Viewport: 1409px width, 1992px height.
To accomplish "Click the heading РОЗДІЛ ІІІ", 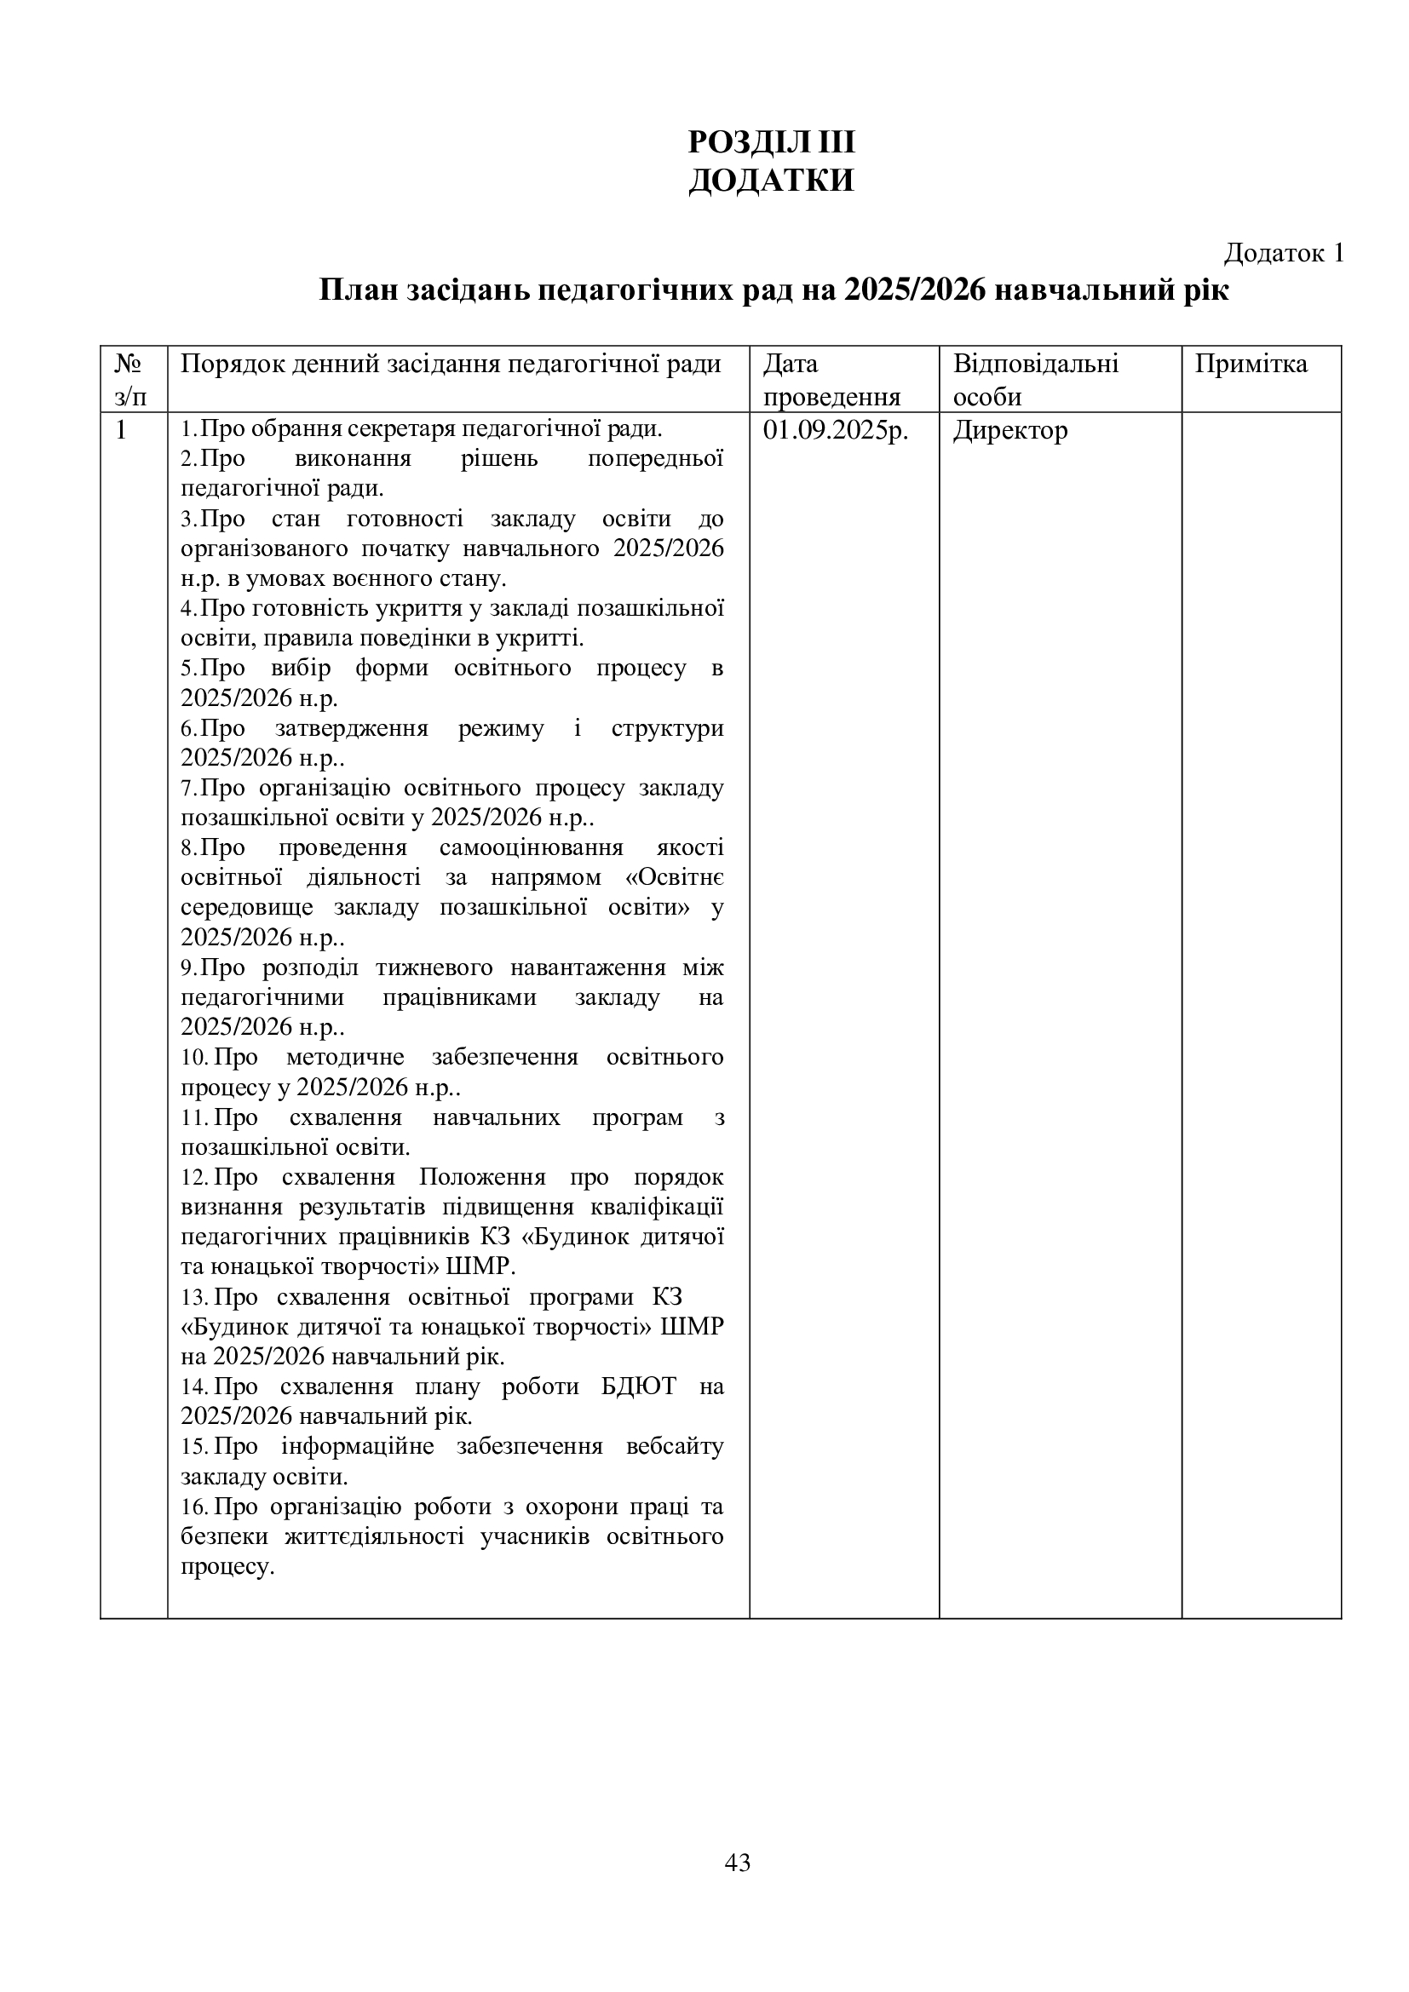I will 770,141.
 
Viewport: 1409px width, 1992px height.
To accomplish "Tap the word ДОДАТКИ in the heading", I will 770,181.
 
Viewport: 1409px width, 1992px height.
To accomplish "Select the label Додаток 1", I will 1283,252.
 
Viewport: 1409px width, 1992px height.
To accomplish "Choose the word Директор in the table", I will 1010,431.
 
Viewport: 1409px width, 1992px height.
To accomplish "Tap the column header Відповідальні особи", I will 1035,379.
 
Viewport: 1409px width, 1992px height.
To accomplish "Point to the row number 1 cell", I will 122,430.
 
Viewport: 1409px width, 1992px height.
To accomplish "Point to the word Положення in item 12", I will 482,1177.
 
